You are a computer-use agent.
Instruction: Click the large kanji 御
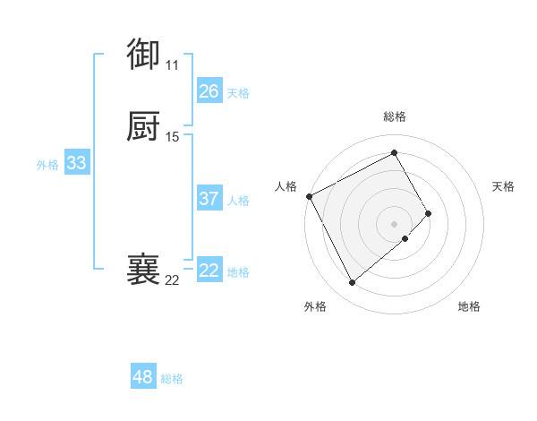(143, 55)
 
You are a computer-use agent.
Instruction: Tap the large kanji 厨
(143, 127)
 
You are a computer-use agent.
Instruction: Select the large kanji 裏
(143, 270)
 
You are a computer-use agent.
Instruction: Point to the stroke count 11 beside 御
(172, 65)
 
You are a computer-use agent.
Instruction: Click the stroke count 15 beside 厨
(173, 137)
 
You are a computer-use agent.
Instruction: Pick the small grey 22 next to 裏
(172, 280)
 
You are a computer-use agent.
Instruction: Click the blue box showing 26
(209, 91)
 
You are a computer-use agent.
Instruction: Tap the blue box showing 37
(209, 199)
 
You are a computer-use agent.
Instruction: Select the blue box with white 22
(209, 271)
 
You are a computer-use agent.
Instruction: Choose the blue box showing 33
(76, 163)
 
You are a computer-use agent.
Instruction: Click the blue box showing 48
(142, 377)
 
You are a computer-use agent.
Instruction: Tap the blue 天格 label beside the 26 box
(238, 93)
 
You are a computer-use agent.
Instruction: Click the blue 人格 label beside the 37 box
(238, 201)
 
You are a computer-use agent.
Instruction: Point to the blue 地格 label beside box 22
(238, 272)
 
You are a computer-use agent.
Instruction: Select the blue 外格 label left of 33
(47, 165)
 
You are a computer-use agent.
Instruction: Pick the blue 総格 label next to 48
(172, 379)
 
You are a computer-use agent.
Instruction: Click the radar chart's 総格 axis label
(394, 116)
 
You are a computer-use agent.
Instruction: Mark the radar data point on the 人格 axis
(309, 196)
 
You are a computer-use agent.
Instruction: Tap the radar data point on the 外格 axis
(352, 283)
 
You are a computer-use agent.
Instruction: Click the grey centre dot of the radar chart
(394, 223)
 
